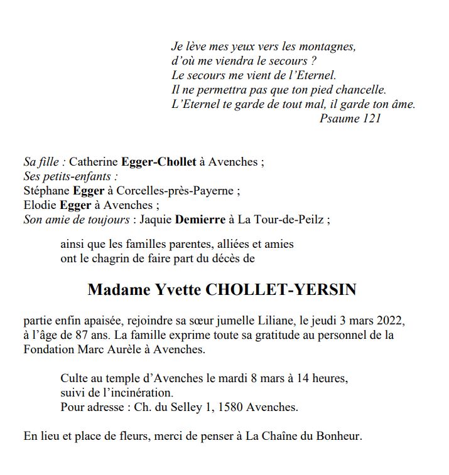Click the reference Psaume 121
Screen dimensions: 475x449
click(x=350, y=119)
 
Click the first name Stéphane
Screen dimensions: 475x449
click(x=46, y=191)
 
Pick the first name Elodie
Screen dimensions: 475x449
click(x=40, y=205)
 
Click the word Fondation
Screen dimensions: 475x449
click(x=48, y=350)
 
